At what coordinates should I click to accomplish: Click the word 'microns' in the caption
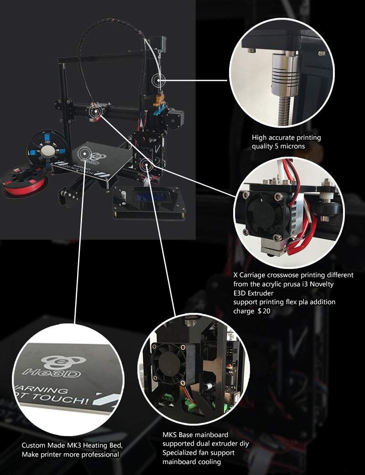pos(292,146)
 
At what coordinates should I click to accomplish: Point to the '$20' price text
pos(264,311)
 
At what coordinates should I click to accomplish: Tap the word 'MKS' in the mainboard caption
pos(169,435)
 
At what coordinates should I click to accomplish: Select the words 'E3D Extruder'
pos(253,293)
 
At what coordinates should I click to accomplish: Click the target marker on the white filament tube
pos(159,80)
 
